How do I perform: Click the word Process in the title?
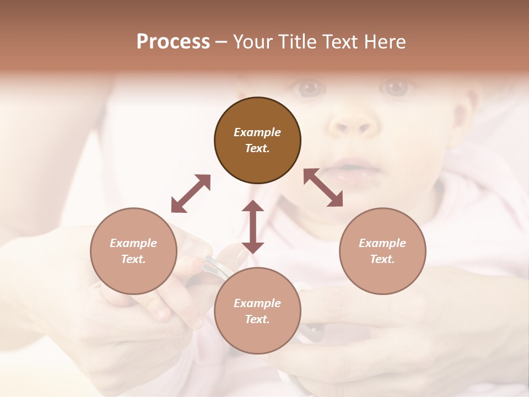(173, 42)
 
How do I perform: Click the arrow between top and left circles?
(191, 194)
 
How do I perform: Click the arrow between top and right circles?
(323, 188)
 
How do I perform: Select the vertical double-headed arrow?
(253, 227)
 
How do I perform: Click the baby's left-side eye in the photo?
(310, 87)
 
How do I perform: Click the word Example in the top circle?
(257, 132)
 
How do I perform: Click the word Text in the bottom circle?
(257, 319)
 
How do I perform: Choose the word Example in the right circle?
(382, 243)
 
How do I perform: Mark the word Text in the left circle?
(133, 259)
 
